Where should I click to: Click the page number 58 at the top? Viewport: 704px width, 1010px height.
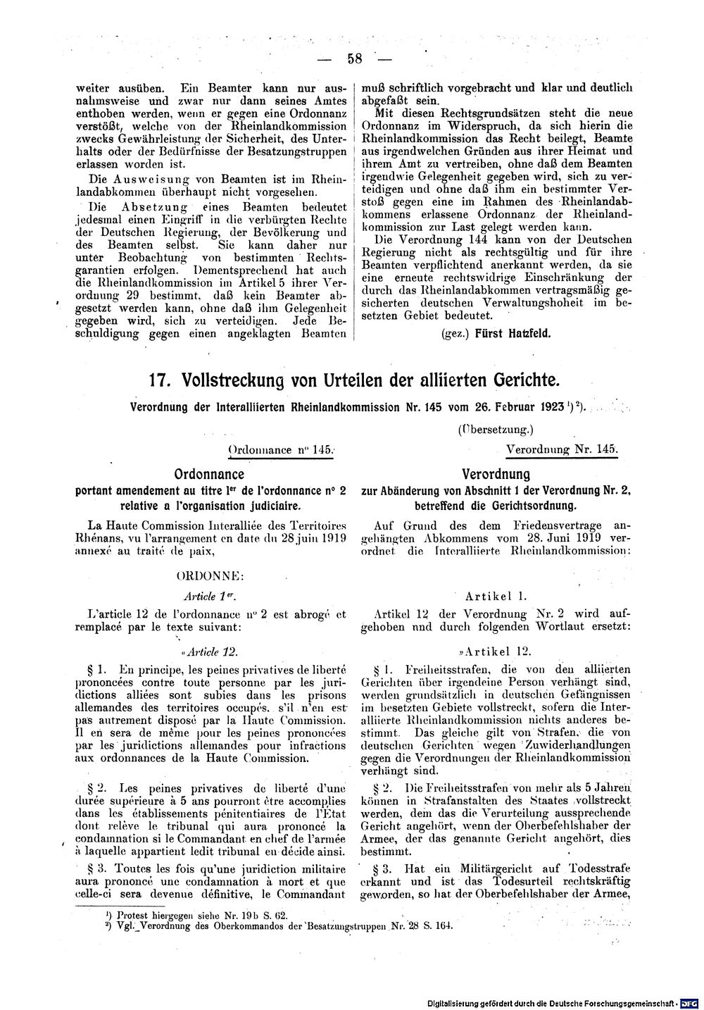pyautogui.click(x=353, y=59)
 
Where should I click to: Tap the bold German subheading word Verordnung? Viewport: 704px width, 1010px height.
pyautogui.click(x=496, y=475)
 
